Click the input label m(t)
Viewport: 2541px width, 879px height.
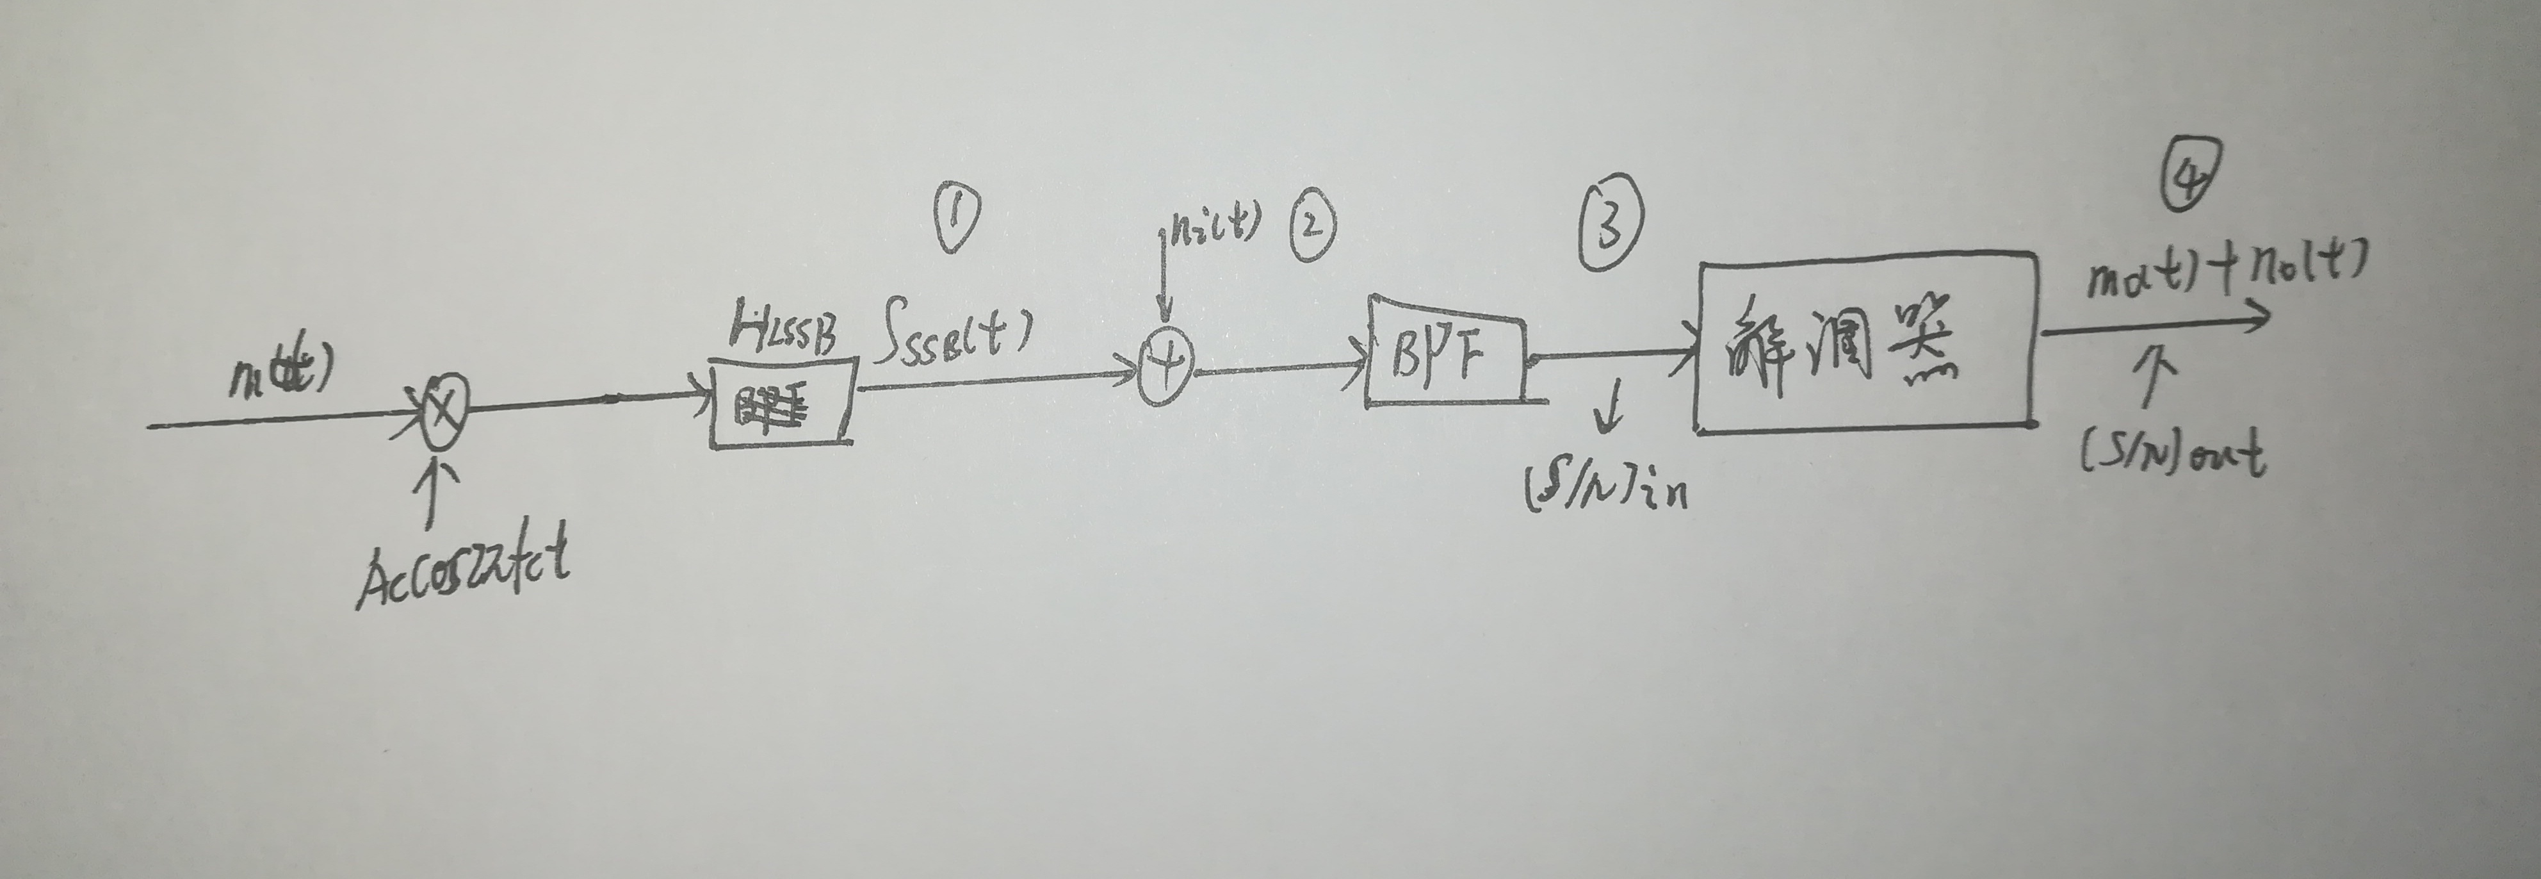tap(282, 373)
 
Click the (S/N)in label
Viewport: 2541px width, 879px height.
tap(1607, 486)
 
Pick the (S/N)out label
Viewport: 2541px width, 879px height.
tap(2173, 455)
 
